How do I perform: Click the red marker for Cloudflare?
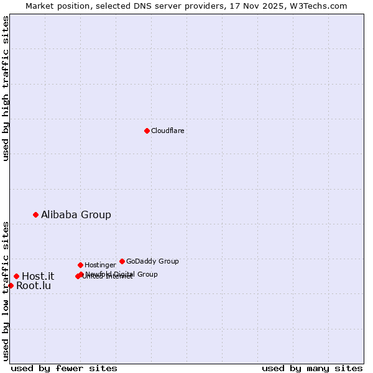click(x=147, y=131)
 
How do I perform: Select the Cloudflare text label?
click(x=167, y=131)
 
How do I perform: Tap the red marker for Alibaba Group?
click(x=35, y=214)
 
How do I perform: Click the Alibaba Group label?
click(x=76, y=215)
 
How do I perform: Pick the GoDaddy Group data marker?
click(x=122, y=261)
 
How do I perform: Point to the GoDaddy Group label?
click(x=152, y=262)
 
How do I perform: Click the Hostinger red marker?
click(x=80, y=265)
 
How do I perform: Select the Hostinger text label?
click(x=100, y=265)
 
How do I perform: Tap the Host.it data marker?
click(x=16, y=276)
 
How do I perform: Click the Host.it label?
click(x=38, y=277)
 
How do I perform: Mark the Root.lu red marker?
click(x=11, y=285)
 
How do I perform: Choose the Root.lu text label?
click(x=34, y=286)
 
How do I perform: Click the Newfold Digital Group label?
click(x=122, y=274)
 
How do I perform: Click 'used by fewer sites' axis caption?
click(x=64, y=369)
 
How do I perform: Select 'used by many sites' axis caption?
click(x=312, y=369)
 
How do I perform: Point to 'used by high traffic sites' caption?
click(x=6, y=88)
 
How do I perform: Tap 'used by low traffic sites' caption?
click(x=6, y=291)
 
